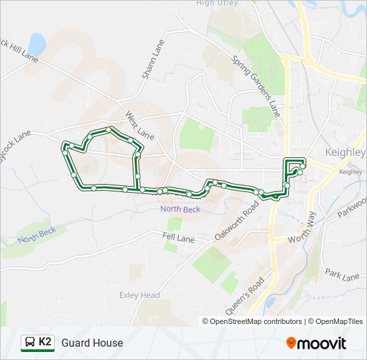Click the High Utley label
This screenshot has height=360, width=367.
coord(217,3)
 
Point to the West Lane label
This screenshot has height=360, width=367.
coord(139,126)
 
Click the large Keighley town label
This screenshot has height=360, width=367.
coord(344,152)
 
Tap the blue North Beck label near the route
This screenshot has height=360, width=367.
coord(179,209)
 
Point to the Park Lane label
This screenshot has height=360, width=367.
coord(342,274)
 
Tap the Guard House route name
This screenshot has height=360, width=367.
coord(92,343)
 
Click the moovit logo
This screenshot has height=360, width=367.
coord(316,343)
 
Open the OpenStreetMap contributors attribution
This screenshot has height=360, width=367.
coord(257,321)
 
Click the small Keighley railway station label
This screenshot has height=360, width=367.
coord(350,172)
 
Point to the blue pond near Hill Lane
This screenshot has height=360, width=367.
coord(37,44)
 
